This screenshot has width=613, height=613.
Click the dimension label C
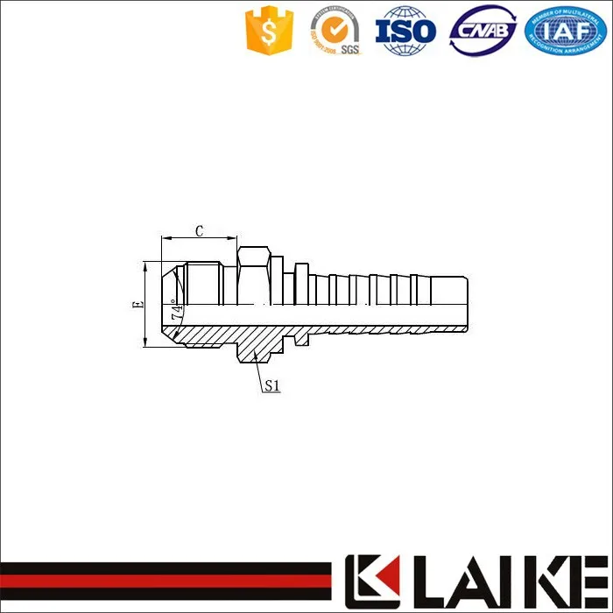click(199, 231)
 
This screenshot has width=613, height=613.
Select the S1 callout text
click(271, 384)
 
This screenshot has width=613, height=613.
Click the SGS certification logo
click(336, 32)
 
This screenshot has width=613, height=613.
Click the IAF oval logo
click(564, 32)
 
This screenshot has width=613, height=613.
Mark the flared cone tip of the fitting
click(169, 303)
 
